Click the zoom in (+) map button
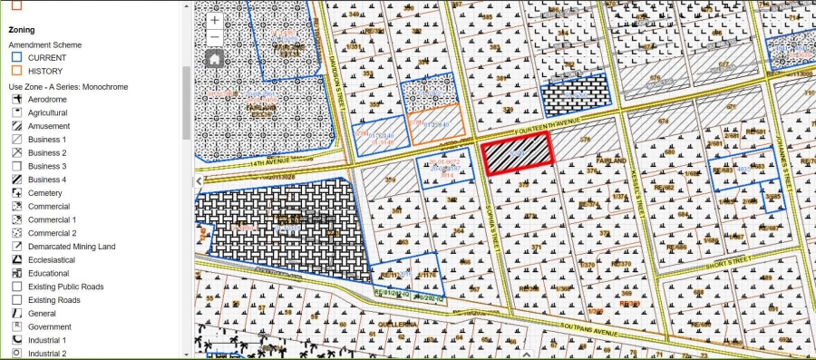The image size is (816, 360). pyautogui.click(x=214, y=20)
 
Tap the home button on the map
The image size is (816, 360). pyautogui.click(x=214, y=59)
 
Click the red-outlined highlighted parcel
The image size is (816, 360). pyautogui.click(x=516, y=154)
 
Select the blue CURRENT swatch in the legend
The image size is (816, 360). pyautogui.click(x=17, y=57)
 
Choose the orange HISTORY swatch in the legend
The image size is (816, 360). pyautogui.click(x=17, y=71)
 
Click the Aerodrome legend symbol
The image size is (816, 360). pyautogui.click(x=17, y=100)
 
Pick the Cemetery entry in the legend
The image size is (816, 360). pyautogui.click(x=45, y=193)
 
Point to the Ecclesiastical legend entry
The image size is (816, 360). pyautogui.click(x=51, y=260)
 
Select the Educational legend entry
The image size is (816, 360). pyautogui.click(x=48, y=273)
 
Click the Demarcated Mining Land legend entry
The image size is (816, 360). pyautogui.click(x=71, y=247)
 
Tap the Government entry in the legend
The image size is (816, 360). pyautogui.click(x=49, y=326)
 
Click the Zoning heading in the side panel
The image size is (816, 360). pyautogui.click(x=22, y=30)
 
